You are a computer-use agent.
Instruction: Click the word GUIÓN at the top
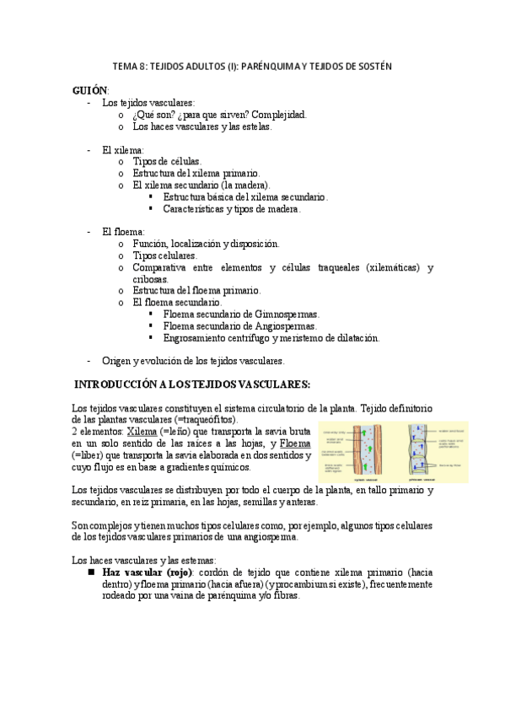90,89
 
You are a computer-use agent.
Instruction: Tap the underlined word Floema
294,444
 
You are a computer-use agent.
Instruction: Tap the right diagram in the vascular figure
436,453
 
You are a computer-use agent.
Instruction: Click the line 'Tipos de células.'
167,161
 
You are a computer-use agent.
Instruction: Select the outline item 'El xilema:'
122,149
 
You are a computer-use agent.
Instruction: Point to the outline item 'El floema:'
123,231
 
